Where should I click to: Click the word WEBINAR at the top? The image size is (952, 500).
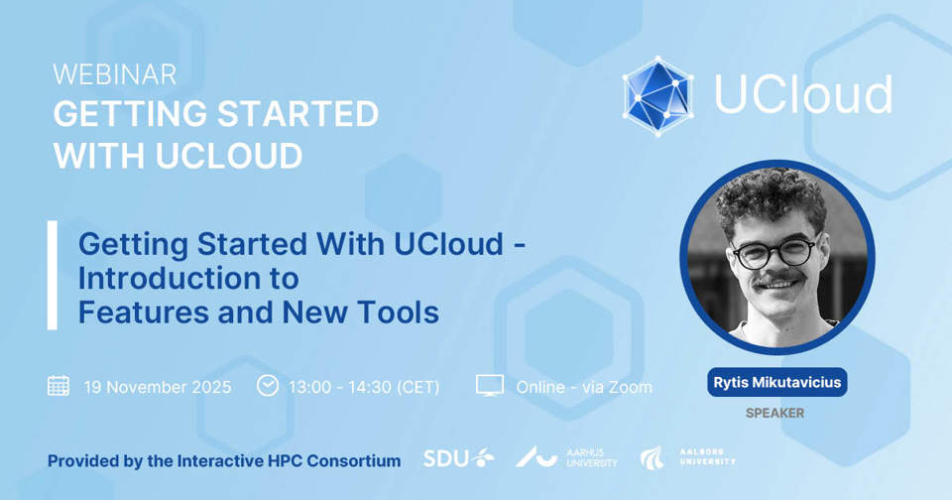(x=115, y=74)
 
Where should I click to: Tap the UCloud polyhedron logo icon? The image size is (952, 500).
(x=658, y=96)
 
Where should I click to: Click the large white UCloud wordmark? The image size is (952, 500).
(x=802, y=94)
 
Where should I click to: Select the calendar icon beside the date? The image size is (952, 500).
(x=59, y=386)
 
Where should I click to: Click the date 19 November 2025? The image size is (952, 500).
(x=158, y=387)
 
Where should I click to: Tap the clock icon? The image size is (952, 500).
(x=267, y=385)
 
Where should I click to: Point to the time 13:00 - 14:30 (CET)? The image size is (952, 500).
(x=364, y=387)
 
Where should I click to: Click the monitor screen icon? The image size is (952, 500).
(x=489, y=385)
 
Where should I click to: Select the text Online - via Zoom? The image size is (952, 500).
(x=584, y=387)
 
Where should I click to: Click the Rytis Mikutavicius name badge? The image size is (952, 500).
(x=777, y=382)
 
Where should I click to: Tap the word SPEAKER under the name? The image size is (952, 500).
(x=774, y=413)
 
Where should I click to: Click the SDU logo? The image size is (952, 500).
(x=458, y=457)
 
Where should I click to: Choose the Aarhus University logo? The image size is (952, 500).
(x=566, y=457)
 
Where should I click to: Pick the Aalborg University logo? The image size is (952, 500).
(x=687, y=457)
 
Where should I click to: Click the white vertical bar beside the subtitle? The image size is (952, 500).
(x=53, y=275)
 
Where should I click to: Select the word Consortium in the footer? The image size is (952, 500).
(x=353, y=461)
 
